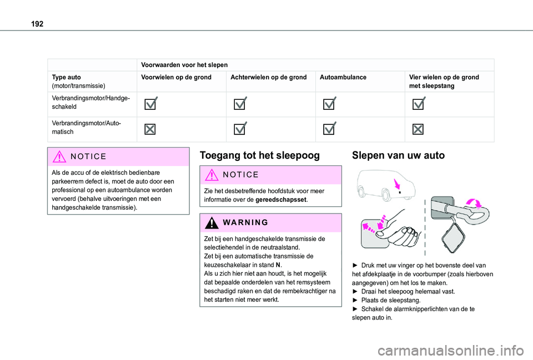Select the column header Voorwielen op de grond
[x=176, y=77]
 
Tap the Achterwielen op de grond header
[x=268, y=77]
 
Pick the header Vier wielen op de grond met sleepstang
[x=444, y=82]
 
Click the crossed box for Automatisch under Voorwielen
[x=150, y=129]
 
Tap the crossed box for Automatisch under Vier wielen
[x=418, y=129]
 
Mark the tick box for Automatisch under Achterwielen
[x=240, y=129]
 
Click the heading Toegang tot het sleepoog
[x=259, y=155]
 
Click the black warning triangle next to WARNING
[x=210, y=222]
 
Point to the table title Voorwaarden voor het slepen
[x=184, y=64]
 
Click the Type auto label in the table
[x=66, y=77]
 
